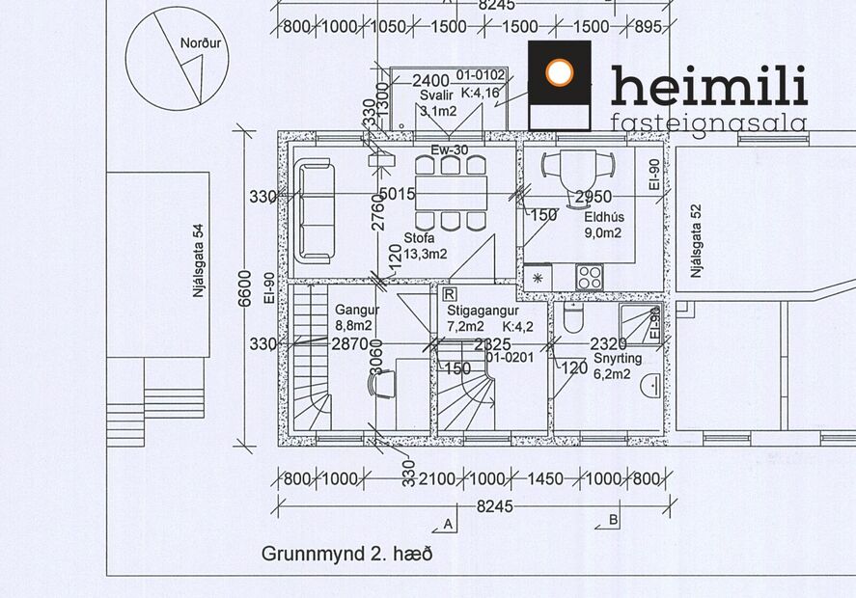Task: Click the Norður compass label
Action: [200, 43]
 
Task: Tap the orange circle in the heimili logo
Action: [560, 73]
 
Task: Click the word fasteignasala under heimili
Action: [708, 122]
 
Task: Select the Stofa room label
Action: [419, 238]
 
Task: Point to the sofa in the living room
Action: [316, 210]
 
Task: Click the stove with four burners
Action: [589, 277]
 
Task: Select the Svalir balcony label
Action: [436, 95]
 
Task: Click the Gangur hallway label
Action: [357, 311]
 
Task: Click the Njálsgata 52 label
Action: [694, 242]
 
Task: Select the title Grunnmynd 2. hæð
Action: [345, 555]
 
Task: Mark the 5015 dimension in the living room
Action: [396, 195]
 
